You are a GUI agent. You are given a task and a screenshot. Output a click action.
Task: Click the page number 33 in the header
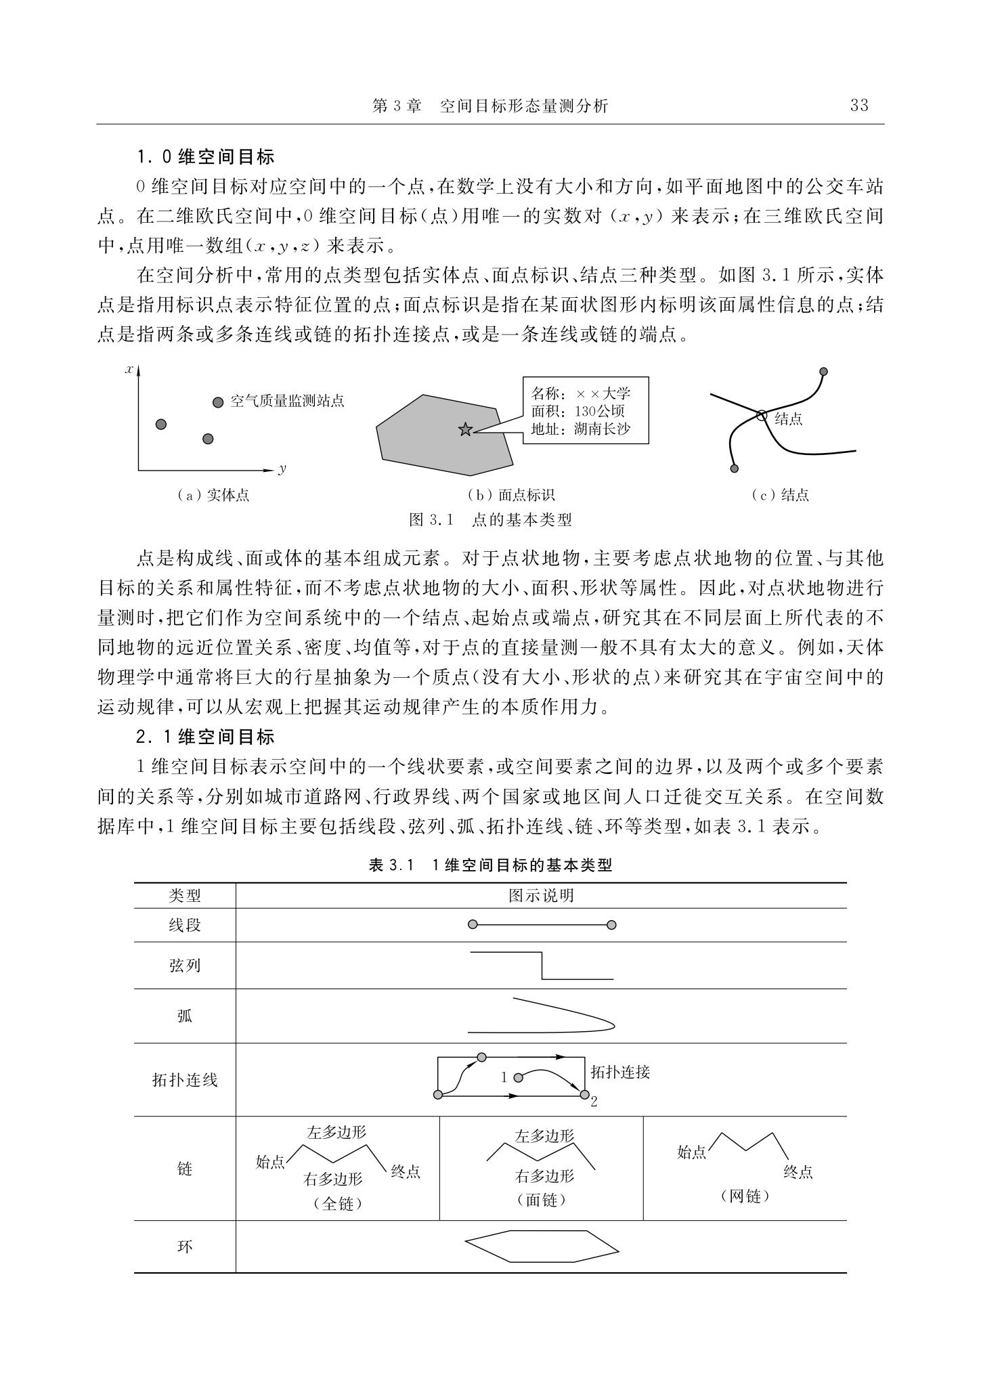858,106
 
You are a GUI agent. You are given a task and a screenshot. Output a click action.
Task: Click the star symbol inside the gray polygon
465,429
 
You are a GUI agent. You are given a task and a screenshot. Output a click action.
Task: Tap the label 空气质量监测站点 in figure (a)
287,402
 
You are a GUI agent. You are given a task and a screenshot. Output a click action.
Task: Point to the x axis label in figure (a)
129,369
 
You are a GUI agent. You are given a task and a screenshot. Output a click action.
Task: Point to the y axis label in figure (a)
282,469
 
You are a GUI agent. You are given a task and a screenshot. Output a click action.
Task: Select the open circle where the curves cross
762,416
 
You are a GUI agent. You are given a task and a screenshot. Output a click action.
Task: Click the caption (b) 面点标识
511,495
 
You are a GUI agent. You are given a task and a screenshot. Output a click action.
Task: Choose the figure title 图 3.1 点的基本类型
490,520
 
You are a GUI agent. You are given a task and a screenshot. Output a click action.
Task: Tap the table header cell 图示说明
541,896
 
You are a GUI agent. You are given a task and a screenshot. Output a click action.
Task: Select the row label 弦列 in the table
185,965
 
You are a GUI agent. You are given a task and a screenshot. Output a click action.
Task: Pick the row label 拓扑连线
185,1080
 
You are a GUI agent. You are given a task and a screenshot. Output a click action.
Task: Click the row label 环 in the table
185,1247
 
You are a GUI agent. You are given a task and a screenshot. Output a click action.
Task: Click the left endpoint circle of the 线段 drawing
473,925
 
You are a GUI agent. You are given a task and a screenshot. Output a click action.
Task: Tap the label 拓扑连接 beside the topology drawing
620,1072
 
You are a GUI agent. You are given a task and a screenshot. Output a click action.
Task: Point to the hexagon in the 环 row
542,1247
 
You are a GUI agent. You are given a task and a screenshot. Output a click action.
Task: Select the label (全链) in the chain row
338,1205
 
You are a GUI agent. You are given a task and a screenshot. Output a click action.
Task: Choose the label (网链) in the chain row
745,1196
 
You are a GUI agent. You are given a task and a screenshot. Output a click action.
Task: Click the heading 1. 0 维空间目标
205,157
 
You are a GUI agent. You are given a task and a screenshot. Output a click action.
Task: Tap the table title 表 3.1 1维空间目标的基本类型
490,865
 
